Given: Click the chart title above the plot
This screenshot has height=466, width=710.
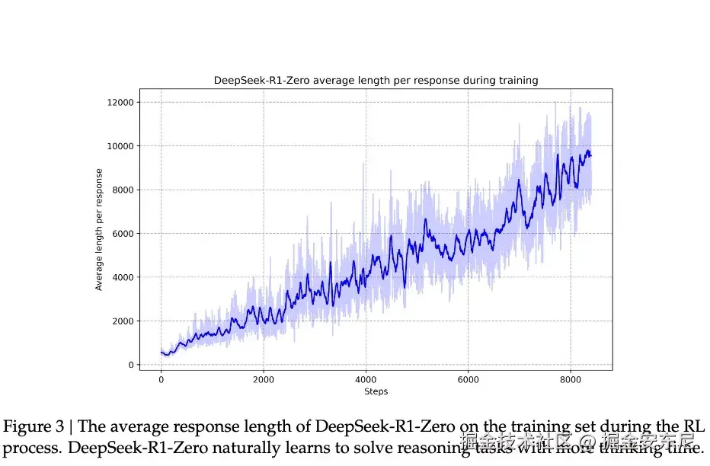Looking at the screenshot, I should click(376, 80).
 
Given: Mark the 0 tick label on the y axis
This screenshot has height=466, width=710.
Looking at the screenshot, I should click(130, 365).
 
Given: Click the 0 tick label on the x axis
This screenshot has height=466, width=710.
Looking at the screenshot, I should click(161, 379).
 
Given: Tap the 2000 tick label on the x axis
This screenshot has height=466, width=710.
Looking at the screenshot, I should click(264, 379).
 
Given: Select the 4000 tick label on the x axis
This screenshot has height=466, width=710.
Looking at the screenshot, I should click(366, 379).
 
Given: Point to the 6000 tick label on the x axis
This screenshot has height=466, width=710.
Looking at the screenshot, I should click(469, 379).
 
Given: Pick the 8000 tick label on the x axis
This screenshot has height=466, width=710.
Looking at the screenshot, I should click(571, 379).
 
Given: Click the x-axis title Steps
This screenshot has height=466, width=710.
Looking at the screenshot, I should click(376, 391).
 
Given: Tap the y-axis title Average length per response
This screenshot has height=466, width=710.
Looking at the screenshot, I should click(99, 234).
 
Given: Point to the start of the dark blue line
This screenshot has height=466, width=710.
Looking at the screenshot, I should click(162, 352).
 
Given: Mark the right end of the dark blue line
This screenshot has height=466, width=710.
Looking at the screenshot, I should click(590, 155).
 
